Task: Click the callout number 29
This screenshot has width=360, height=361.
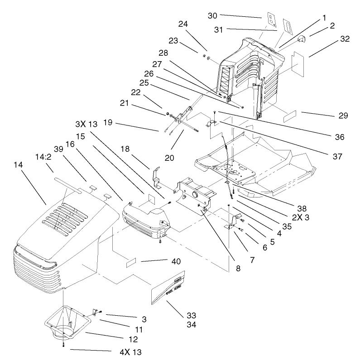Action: pyautogui.click(x=342, y=116)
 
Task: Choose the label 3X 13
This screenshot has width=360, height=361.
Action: pyautogui.click(x=86, y=124)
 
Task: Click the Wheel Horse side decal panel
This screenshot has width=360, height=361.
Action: pyautogui.click(x=169, y=290)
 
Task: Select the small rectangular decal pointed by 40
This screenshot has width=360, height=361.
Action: pyautogui.click(x=131, y=262)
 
